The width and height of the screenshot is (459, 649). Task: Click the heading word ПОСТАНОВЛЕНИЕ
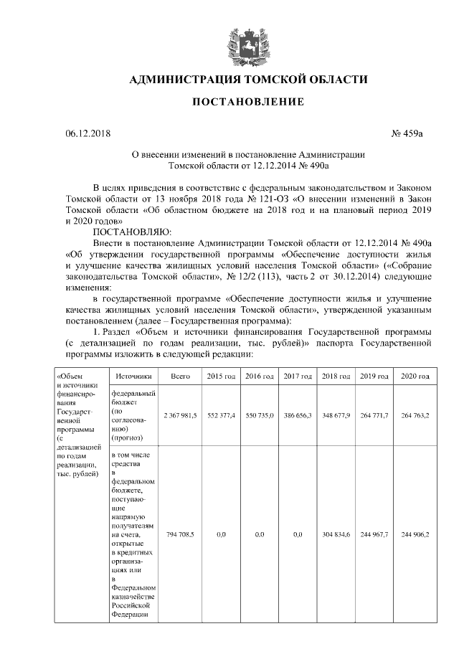tap(247, 103)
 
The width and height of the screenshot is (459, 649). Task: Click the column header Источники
tap(132, 376)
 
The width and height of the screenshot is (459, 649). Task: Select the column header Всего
tap(180, 376)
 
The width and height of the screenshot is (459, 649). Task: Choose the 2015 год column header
tap(221, 376)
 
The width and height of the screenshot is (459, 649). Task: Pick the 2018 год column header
tap(336, 376)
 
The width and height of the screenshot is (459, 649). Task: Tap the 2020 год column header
tap(415, 376)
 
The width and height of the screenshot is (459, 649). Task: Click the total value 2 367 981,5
tap(180, 415)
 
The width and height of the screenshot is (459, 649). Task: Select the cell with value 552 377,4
tap(221, 415)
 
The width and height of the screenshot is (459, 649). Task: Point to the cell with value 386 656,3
tap(297, 415)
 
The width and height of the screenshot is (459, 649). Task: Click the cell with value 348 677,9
tap(336, 415)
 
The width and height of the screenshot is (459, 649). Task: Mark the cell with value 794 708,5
tap(180, 535)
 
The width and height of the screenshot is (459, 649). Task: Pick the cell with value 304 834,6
tap(336, 535)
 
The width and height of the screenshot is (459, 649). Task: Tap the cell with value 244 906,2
tap(415, 535)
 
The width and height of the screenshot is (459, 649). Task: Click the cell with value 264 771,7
tap(374, 415)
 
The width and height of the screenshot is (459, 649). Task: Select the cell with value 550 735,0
tap(259, 415)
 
